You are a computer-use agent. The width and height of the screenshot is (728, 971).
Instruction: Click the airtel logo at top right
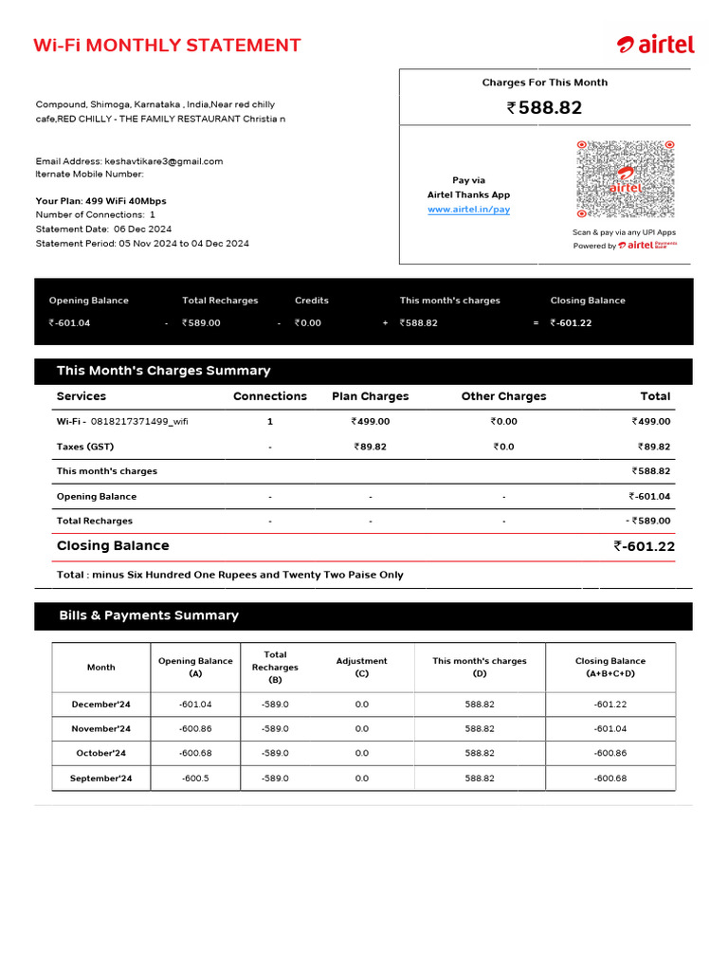coord(656,45)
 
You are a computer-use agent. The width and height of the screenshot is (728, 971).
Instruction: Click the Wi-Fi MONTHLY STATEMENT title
coord(167,46)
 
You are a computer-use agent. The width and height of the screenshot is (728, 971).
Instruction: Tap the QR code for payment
coord(625,179)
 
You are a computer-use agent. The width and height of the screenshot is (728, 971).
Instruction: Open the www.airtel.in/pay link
coord(468,210)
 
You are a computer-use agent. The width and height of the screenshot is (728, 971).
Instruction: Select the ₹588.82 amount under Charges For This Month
coord(545,108)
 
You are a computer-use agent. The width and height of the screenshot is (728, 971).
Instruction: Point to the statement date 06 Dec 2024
coord(142,229)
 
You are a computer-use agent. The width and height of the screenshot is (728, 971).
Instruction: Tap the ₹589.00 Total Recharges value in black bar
coord(201,323)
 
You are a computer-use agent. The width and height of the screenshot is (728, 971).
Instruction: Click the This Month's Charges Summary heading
coord(163,371)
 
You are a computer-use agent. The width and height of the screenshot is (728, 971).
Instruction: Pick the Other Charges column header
coord(503,396)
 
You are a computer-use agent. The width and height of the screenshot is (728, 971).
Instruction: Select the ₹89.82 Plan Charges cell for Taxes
coord(370,447)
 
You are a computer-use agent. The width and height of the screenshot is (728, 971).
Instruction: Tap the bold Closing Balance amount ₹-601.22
coord(644,546)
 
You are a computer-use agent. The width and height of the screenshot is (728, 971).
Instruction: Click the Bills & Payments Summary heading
coord(149,615)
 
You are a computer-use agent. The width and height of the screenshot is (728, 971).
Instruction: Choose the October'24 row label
coord(100,754)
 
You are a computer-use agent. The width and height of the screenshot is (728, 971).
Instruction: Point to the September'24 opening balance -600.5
coord(195,779)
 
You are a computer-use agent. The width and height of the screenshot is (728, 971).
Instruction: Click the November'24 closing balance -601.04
coord(610,729)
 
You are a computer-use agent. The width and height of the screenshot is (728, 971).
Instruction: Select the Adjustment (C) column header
coord(361,668)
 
